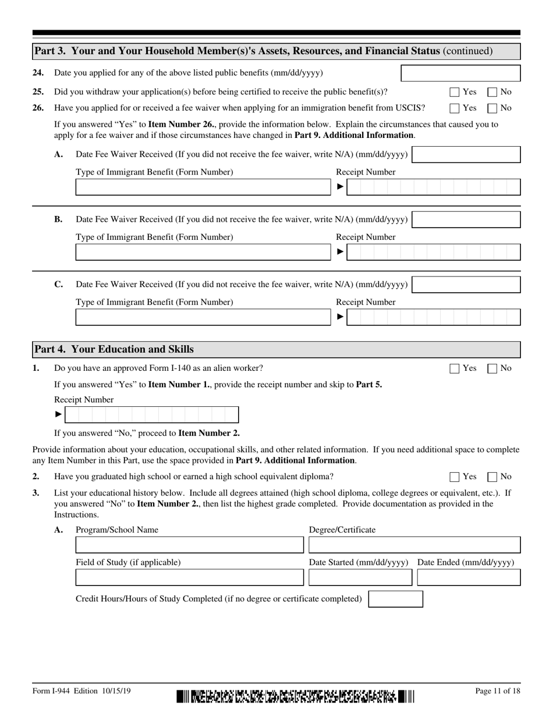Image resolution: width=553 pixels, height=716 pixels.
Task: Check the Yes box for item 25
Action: [x=455, y=92]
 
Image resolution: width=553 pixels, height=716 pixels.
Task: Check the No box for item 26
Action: [x=492, y=108]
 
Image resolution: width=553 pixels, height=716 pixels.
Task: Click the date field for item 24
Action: [x=460, y=73]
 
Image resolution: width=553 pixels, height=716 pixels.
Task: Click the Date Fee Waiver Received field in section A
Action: [x=466, y=155]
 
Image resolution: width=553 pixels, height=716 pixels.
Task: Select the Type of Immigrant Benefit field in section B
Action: [x=203, y=252]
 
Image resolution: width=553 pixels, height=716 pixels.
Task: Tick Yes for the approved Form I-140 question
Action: [x=455, y=368]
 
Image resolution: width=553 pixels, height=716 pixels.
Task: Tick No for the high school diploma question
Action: [x=492, y=477]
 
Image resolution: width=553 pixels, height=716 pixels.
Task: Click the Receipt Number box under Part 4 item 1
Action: [x=151, y=414]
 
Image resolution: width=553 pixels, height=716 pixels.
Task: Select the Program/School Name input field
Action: [x=190, y=545]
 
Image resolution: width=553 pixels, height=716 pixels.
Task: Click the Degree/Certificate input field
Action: [x=414, y=545]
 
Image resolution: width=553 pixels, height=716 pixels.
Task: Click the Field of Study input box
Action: [x=190, y=577]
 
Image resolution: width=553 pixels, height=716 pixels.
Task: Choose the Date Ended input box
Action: [x=469, y=577]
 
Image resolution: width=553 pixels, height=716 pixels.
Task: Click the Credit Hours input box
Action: [x=396, y=599]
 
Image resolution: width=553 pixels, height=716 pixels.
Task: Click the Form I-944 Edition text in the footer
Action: [x=81, y=691]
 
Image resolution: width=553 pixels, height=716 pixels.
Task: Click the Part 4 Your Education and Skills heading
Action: [x=114, y=349]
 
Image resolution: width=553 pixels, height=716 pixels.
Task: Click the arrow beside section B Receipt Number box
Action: [x=341, y=252]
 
